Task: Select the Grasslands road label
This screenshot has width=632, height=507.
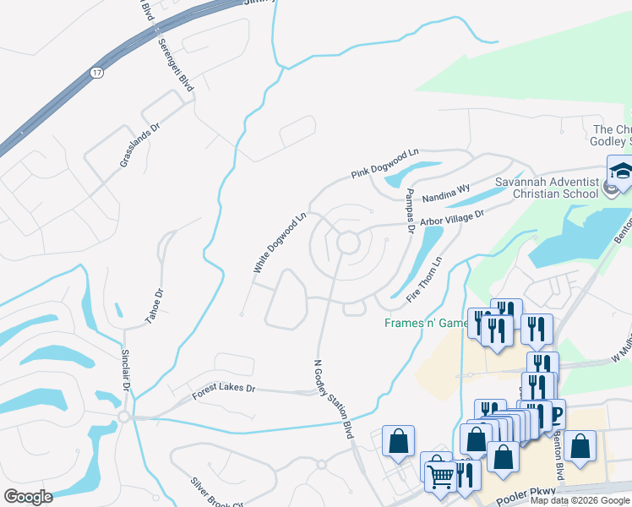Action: [128, 144]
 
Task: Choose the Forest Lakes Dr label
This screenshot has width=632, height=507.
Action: [223, 387]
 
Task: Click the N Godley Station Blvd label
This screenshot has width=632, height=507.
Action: [333, 398]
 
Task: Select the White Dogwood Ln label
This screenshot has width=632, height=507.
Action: [278, 243]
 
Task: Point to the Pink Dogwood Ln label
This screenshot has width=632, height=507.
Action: [385, 164]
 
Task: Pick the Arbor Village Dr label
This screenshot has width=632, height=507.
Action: [452, 217]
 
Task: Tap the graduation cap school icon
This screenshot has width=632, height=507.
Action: [621, 171]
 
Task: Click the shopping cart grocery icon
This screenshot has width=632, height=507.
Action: [439, 476]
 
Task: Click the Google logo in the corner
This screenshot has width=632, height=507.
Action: [28, 497]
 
